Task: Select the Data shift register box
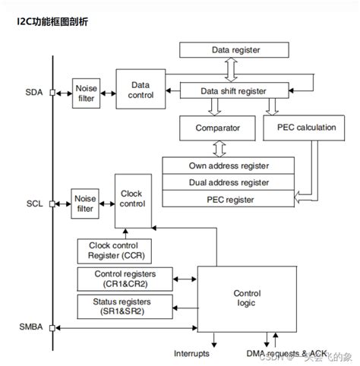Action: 234,91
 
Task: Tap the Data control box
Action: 141,90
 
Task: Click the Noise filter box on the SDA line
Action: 85,93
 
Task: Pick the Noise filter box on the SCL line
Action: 85,204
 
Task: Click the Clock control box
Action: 131,199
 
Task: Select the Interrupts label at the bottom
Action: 192,354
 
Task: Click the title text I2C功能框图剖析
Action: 52,21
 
